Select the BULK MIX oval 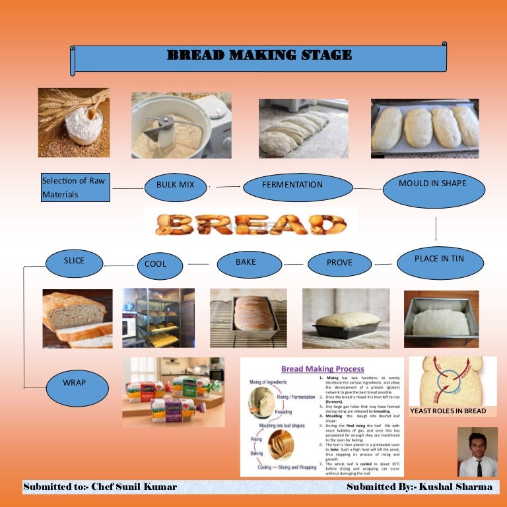[x=175, y=185]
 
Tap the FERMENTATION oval [x=292, y=185]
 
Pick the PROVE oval [x=339, y=263]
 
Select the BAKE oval [x=246, y=263]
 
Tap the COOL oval [x=155, y=264]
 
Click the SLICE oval [x=75, y=262]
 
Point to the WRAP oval [x=75, y=383]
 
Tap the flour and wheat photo [x=74, y=122]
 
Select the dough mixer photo [x=181, y=125]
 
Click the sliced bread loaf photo [x=77, y=318]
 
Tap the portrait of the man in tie [x=477, y=452]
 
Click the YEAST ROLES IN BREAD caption [x=448, y=411]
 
